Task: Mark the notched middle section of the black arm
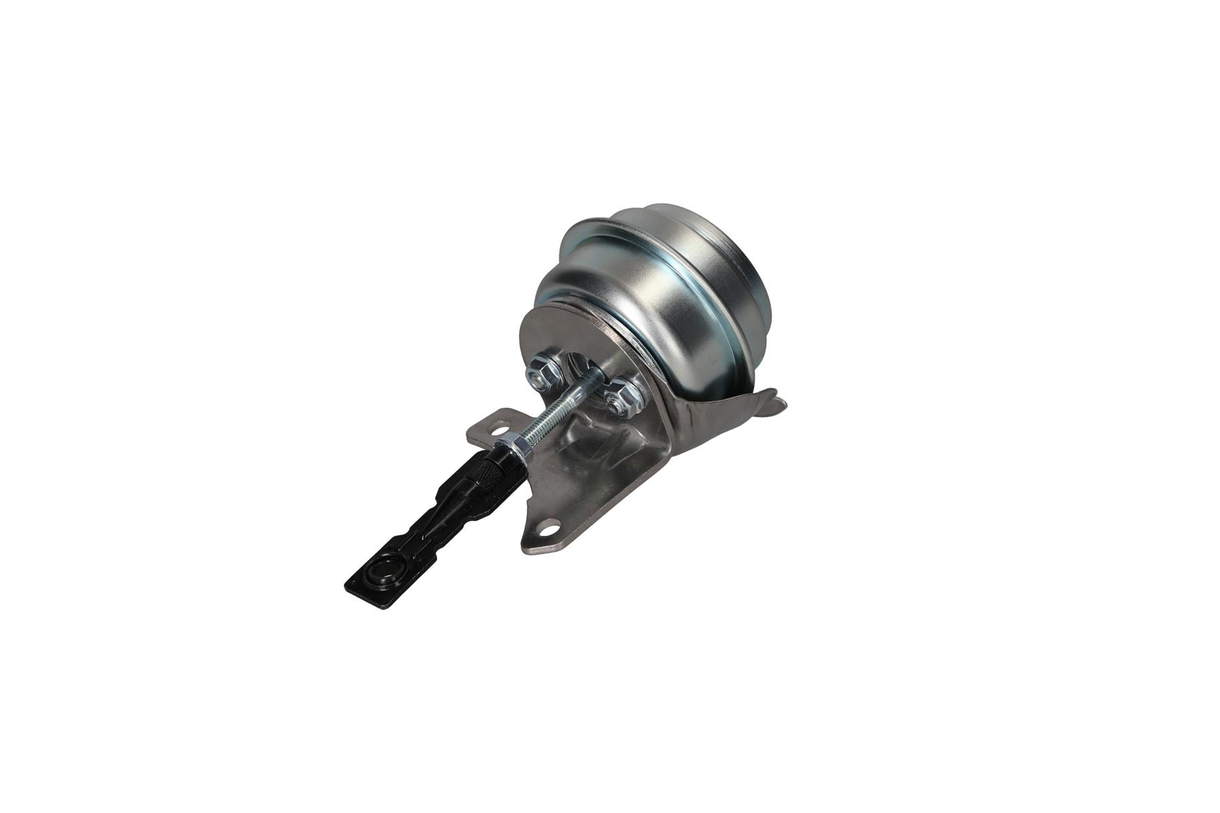pos(434,535)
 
